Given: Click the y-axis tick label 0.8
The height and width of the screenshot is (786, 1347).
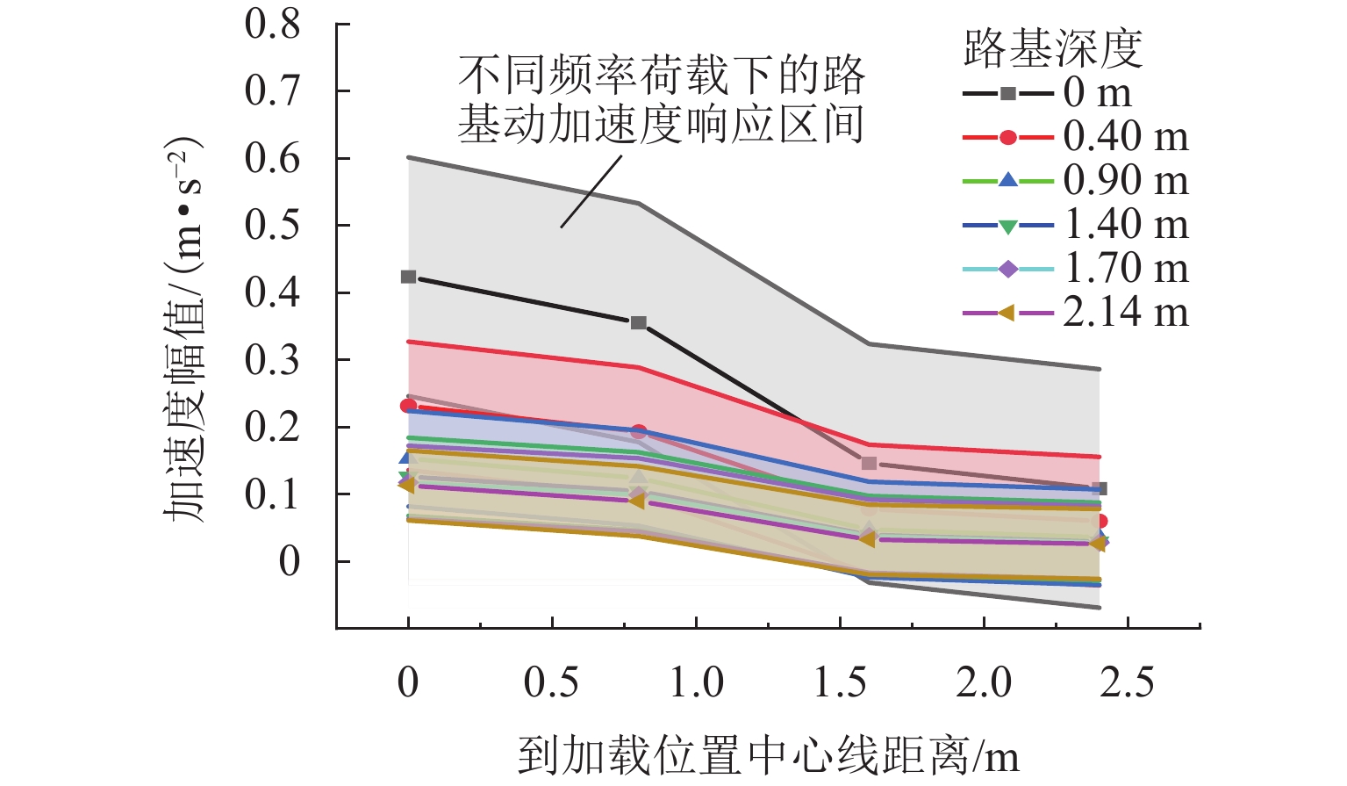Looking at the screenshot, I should [272, 25].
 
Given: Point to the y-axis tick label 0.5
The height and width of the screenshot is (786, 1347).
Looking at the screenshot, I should [272, 226].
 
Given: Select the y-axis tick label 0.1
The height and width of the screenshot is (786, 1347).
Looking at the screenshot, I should [272, 494].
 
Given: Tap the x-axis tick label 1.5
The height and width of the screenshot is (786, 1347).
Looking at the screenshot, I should [840, 682].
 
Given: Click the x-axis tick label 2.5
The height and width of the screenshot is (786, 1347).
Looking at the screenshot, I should [1128, 682].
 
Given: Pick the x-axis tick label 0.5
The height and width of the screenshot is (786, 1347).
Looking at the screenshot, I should [551, 682].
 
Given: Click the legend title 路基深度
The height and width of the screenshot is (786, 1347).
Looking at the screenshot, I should [1053, 48].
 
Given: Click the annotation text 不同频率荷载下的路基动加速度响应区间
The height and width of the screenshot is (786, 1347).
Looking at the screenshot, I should [661, 98].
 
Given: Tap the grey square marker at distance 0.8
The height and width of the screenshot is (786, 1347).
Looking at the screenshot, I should [639, 323].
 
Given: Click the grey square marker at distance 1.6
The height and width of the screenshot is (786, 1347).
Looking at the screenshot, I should [869, 464].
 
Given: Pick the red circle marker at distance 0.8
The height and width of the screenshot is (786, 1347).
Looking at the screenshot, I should [639, 431].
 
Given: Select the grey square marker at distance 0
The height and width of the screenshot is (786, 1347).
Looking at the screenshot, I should [408, 278].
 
